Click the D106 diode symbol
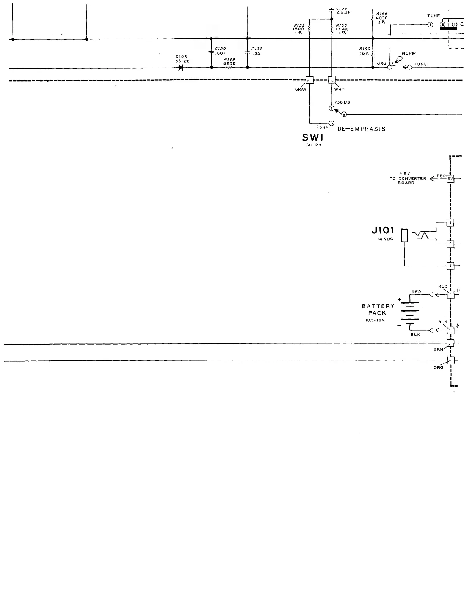coord(181,68)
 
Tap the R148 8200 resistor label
coord(229,61)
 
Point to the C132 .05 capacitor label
coord(257,51)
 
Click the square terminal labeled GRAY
coord(309,80)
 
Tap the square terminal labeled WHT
coord(332,80)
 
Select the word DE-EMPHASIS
coord(361,129)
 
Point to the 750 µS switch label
coord(342,102)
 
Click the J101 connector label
coord(382,231)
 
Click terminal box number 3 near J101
coord(450,266)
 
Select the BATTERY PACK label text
coord(378,310)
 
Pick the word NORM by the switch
coord(409,53)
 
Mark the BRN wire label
coord(438,349)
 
